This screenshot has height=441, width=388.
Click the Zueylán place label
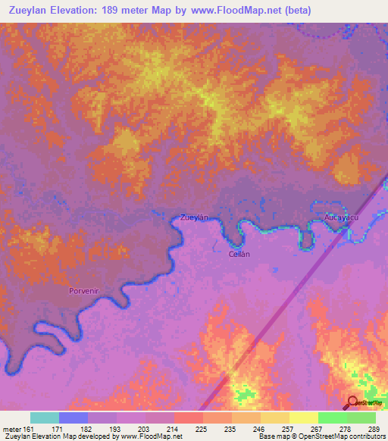point(193,217)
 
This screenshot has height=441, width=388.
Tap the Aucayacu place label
point(340,217)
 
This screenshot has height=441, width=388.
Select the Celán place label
point(239,255)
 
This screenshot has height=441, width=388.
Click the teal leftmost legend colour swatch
point(45,418)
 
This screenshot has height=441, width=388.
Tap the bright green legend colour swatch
point(333,418)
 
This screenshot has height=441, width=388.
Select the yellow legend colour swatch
point(303,418)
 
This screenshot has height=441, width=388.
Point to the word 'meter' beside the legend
point(11,429)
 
